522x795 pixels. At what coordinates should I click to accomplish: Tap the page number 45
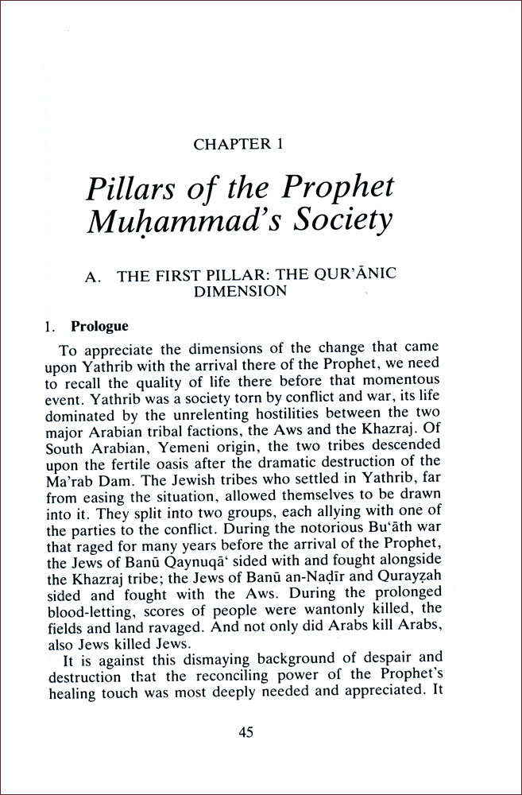point(246,733)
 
